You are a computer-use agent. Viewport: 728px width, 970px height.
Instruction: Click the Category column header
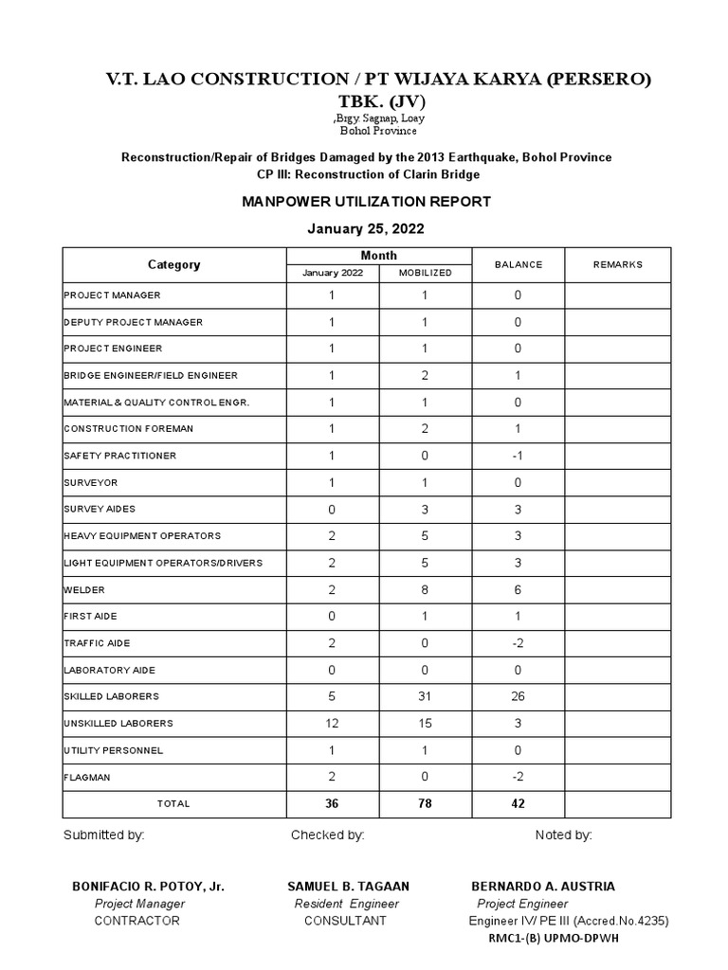click(x=173, y=264)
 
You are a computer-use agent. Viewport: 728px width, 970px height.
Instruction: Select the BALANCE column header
click(x=519, y=264)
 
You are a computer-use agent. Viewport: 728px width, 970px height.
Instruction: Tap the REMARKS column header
click(x=618, y=264)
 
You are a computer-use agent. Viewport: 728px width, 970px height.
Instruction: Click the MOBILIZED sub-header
click(x=425, y=273)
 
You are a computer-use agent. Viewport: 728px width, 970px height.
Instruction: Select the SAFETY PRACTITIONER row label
click(x=119, y=456)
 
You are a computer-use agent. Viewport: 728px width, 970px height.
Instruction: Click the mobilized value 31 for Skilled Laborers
click(x=425, y=696)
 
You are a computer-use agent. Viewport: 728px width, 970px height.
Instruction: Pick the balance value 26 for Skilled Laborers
click(x=519, y=696)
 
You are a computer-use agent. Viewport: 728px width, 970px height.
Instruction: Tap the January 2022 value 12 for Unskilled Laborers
click(x=332, y=723)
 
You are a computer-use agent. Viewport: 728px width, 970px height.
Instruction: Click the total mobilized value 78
click(x=425, y=803)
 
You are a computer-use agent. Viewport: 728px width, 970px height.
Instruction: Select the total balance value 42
click(x=519, y=803)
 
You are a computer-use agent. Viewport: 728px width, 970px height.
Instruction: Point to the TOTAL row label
click(x=173, y=803)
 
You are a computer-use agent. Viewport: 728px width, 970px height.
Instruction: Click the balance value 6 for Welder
click(x=519, y=589)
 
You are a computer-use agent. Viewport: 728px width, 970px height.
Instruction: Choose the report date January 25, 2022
click(x=366, y=228)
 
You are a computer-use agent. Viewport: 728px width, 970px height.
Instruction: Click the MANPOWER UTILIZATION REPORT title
click(x=366, y=202)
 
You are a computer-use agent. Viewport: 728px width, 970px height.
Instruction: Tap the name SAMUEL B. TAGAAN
click(x=348, y=887)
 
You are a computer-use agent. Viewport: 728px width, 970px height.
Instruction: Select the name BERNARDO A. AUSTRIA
click(x=542, y=887)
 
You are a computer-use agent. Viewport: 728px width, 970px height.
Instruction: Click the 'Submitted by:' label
click(x=103, y=835)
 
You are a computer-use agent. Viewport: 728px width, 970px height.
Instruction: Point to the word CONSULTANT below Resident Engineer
click(x=345, y=921)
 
